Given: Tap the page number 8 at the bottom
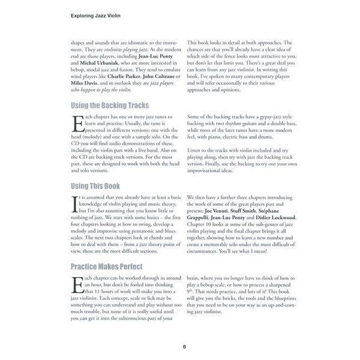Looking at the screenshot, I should click(185, 346).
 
